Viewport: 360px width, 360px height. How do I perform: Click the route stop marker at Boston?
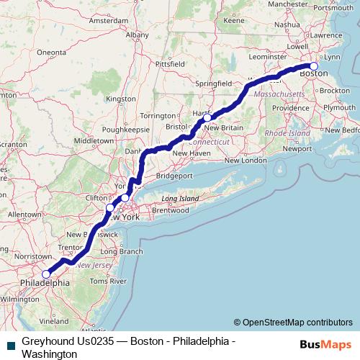click(x=313, y=66)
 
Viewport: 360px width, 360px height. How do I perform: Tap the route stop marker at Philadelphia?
click(x=46, y=274)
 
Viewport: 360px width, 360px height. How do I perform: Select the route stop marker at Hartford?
click(x=207, y=117)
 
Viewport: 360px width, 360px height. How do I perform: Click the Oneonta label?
click(x=50, y=53)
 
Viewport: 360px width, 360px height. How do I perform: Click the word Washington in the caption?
click(x=50, y=354)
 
